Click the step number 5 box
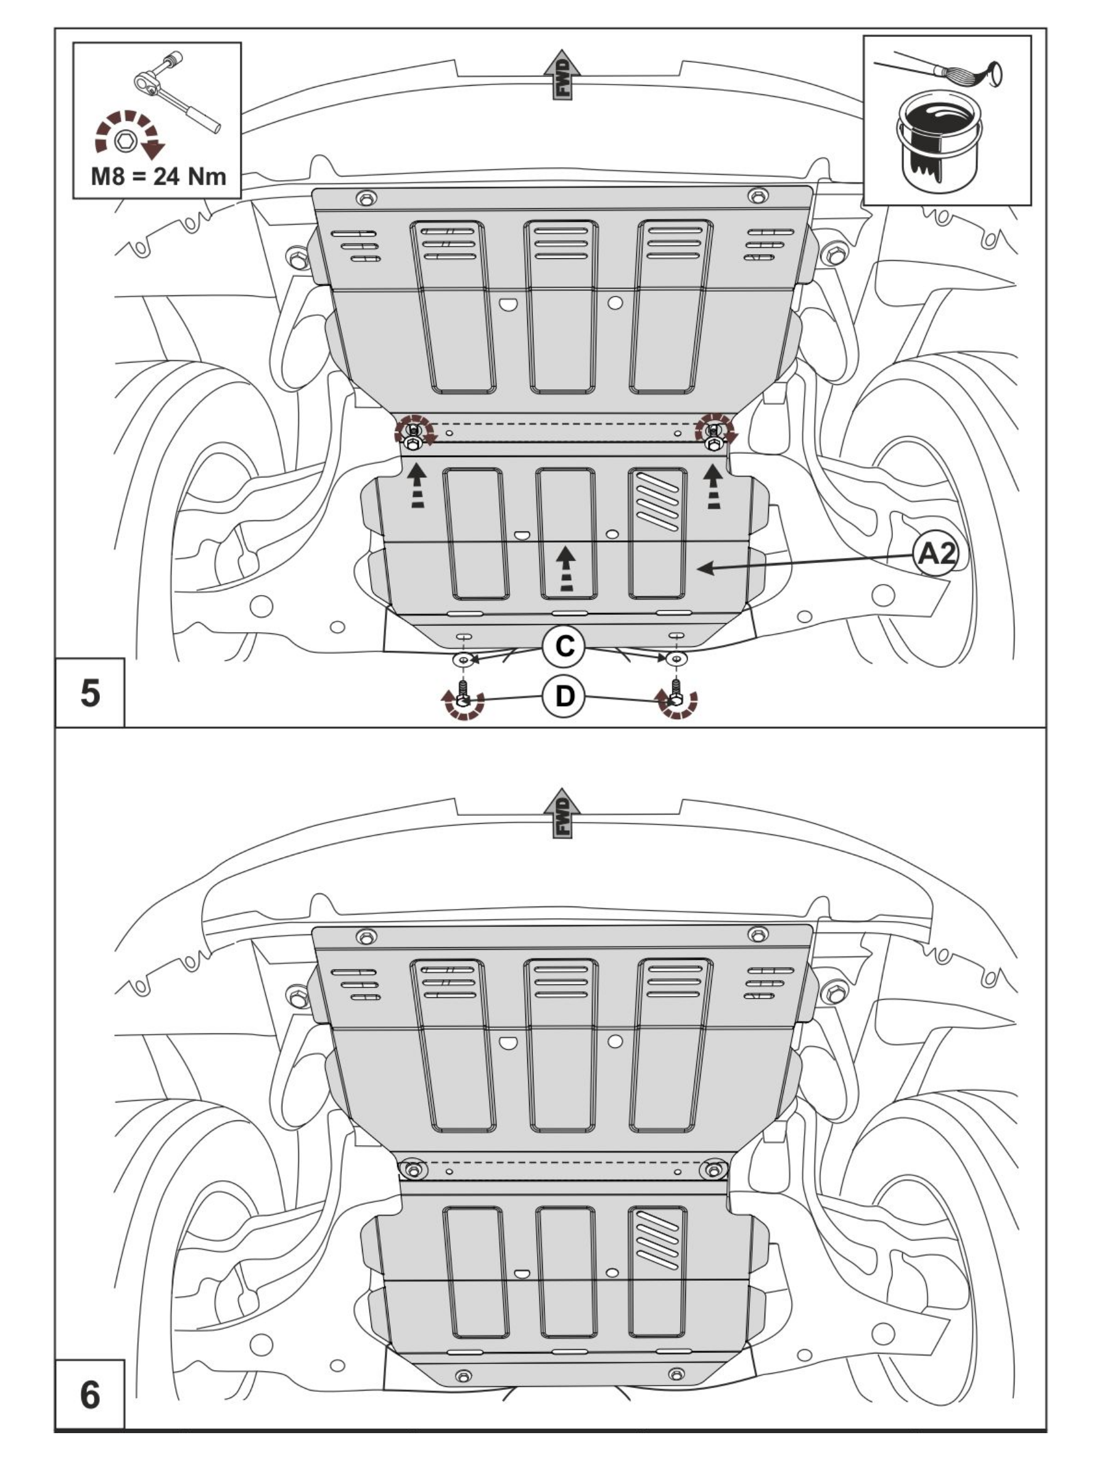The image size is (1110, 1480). click(x=89, y=693)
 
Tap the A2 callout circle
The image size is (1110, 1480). click(x=935, y=554)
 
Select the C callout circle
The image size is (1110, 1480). click(x=565, y=646)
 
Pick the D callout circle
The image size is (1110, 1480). click(x=565, y=696)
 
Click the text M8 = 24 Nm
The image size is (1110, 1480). click(x=158, y=176)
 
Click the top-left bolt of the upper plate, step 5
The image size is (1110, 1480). click(x=367, y=198)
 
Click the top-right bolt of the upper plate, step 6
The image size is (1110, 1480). click(x=757, y=934)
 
